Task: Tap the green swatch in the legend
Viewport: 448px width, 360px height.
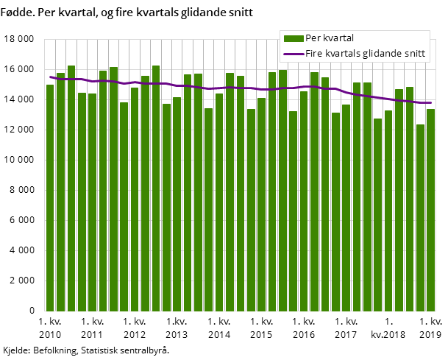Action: coord(294,38)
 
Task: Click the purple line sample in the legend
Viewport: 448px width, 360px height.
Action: coord(294,54)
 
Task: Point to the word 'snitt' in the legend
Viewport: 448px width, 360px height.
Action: coord(413,54)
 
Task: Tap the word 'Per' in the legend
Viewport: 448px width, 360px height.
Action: coord(313,38)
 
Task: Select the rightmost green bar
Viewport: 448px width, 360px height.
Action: coord(430,210)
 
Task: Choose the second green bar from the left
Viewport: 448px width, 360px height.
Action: coord(60,191)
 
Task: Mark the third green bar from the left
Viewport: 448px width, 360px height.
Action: coord(71,188)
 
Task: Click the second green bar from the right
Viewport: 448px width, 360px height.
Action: coord(420,217)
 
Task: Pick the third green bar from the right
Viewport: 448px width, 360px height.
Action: coord(410,199)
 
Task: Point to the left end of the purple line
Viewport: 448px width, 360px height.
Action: coord(50,77)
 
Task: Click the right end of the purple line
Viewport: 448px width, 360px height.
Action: coord(430,103)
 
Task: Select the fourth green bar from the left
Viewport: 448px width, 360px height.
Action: coord(82,202)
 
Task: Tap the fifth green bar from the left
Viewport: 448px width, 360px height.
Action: coord(92,202)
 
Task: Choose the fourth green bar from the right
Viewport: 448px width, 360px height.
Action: coord(399,200)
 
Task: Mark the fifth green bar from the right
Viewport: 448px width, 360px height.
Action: coord(388,211)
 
